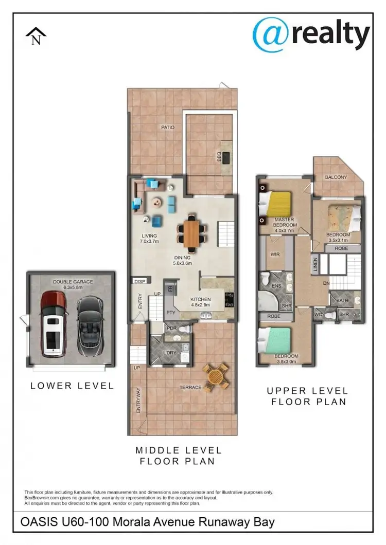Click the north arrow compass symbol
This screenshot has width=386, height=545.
point(36,37)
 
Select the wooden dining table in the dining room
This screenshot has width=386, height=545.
point(192,232)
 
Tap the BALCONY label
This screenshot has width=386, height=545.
point(336,177)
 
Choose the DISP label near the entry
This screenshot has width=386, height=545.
point(139,281)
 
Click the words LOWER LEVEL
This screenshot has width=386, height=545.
point(72,386)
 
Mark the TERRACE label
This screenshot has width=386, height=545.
point(190,387)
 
